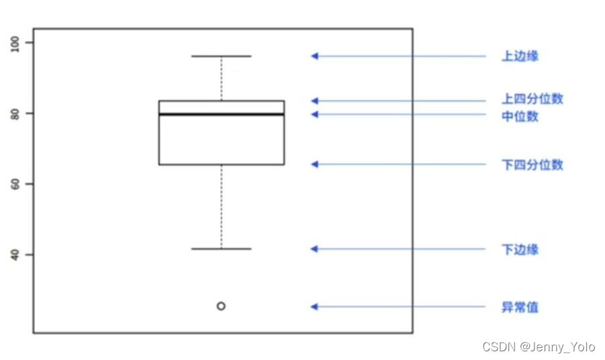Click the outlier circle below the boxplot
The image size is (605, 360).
[x=221, y=306]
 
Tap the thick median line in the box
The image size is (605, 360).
[x=221, y=114]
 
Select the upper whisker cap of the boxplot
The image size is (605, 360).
[x=221, y=56]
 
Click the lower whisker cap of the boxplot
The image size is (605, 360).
[x=221, y=249]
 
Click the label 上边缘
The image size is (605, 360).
[x=520, y=56]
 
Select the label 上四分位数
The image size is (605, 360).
[x=533, y=99]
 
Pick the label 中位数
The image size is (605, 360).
[x=520, y=117]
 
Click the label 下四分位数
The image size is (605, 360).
[x=533, y=164]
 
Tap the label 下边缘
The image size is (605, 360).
[x=520, y=250]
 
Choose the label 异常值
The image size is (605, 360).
[x=520, y=308]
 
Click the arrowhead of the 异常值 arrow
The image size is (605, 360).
[x=314, y=306]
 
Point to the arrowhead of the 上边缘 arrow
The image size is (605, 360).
[x=314, y=56]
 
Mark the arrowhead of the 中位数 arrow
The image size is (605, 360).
[x=314, y=115]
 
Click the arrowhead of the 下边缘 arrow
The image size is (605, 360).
[x=314, y=249]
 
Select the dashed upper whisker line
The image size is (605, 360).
[x=221, y=78]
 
